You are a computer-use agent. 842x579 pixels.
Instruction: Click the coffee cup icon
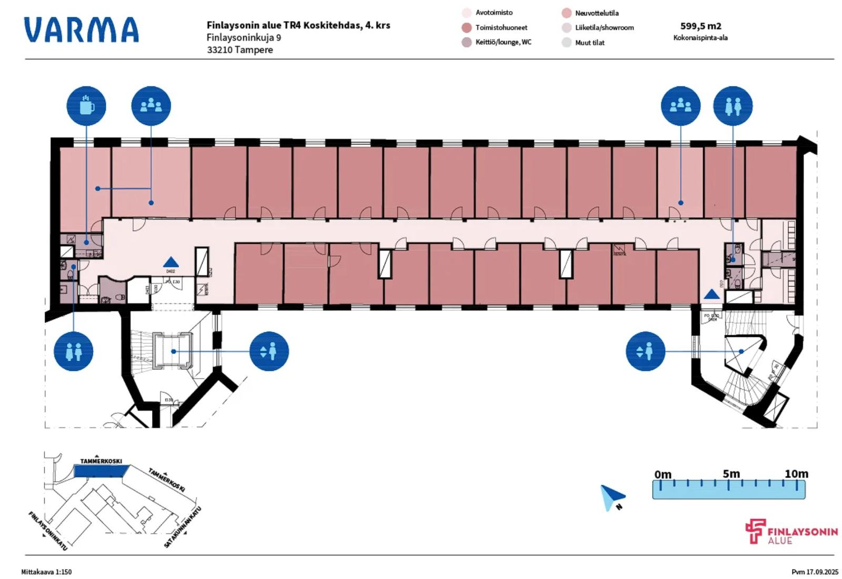pyautogui.click(x=86, y=106)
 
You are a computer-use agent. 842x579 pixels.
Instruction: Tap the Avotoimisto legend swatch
pyautogui.click(x=466, y=13)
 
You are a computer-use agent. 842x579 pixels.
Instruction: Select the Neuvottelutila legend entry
pyautogui.click(x=596, y=13)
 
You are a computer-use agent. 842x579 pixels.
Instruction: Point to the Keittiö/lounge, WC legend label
pyautogui.click(x=503, y=42)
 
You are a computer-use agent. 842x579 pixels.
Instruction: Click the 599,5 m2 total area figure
pyautogui.click(x=700, y=26)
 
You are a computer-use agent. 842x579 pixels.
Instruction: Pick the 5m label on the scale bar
pyautogui.click(x=731, y=474)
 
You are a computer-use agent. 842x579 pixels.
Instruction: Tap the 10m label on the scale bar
pyautogui.click(x=796, y=474)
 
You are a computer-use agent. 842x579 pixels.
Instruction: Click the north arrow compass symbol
pyautogui.click(x=612, y=497)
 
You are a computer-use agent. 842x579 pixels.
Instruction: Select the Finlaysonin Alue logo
pyautogui.click(x=791, y=532)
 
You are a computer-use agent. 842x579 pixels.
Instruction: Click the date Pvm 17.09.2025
pyautogui.click(x=814, y=572)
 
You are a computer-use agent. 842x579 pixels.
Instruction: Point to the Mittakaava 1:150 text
pyautogui.click(x=46, y=572)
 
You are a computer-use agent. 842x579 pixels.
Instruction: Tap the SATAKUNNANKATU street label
pyautogui.click(x=182, y=527)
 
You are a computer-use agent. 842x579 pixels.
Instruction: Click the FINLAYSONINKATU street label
pyautogui.click(x=48, y=531)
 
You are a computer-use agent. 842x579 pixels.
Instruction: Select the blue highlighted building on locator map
pyautogui.click(x=98, y=471)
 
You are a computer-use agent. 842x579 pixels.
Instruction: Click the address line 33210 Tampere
pyautogui.click(x=239, y=50)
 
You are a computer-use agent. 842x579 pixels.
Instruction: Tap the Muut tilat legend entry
pyautogui.click(x=589, y=43)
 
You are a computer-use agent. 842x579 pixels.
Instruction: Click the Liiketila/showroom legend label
pyautogui.click(x=604, y=27)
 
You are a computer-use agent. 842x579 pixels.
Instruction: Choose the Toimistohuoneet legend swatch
pyautogui.click(x=466, y=27)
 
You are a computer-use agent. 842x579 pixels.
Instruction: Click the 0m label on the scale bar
pyautogui.click(x=663, y=474)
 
